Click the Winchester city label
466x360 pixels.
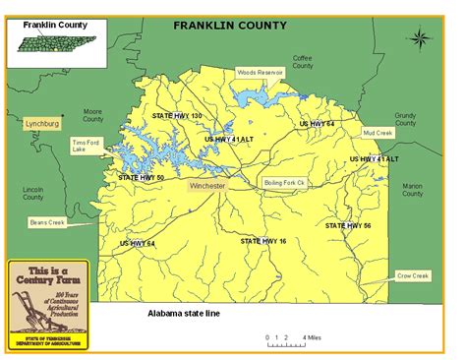point(207,185)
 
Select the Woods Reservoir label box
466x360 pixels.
point(260,72)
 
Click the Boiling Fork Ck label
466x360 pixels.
point(285,183)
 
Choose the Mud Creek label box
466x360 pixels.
point(377,132)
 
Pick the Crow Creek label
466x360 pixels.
point(413,275)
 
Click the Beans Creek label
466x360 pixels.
point(46,223)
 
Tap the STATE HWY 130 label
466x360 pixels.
point(177,116)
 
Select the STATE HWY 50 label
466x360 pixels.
point(142,177)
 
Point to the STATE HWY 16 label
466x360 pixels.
point(263,240)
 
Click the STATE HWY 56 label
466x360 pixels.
point(348,225)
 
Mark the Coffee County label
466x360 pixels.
point(303,62)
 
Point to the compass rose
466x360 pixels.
point(421,39)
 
